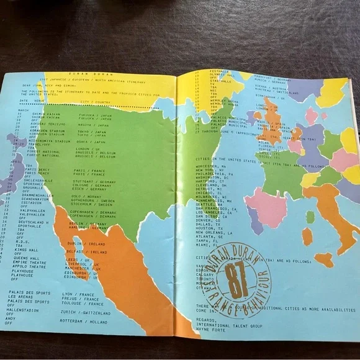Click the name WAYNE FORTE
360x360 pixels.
coord(206,330)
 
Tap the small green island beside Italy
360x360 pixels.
coord(310,217)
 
